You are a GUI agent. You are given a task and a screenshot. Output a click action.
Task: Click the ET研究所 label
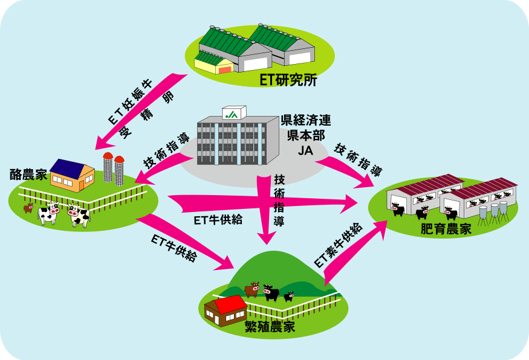[288, 80]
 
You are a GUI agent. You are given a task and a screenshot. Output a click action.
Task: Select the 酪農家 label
[28, 175]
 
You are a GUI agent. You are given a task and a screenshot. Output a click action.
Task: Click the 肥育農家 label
[446, 229]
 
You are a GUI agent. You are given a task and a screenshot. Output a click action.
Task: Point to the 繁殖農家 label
[270, 326]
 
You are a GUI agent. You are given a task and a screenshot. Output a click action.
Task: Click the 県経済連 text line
[306, 120]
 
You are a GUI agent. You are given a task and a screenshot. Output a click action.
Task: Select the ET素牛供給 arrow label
[339, 245]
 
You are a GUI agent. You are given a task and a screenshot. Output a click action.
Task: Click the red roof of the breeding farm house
[231, 304]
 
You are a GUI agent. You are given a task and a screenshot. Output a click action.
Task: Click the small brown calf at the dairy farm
[28, 208]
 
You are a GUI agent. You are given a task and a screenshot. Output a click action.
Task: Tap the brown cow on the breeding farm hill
[252, 289]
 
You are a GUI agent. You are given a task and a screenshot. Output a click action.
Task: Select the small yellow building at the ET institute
[213, 63]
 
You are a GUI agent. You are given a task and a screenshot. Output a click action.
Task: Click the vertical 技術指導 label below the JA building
[279, 200]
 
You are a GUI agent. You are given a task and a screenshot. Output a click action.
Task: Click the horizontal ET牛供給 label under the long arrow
[218, 220]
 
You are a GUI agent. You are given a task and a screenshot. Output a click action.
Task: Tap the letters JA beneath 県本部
[305, 150]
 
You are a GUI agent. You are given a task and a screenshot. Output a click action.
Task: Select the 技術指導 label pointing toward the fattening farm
[358, 160]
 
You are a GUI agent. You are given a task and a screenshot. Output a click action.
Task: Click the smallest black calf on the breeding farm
[288, 297]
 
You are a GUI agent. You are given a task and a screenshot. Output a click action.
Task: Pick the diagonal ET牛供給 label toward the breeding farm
[174, 248]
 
